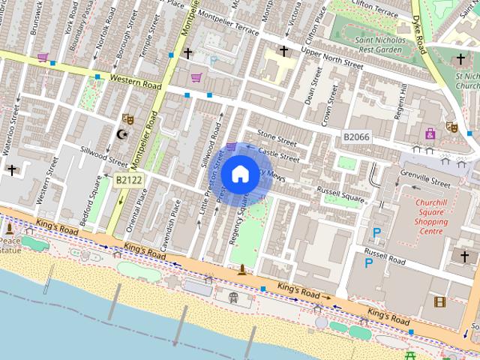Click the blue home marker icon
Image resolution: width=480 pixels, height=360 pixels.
click(x=240, y=175)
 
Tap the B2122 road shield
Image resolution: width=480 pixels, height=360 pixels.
click(x=129, y=180)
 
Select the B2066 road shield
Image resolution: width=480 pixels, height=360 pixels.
click(x=356, y=136)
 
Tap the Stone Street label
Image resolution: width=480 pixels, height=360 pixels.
click(x=277, y=136)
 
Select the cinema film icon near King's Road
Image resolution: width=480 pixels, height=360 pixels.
click(x=439, y=301)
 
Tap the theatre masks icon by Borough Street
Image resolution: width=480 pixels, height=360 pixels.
click(x=128, y=118)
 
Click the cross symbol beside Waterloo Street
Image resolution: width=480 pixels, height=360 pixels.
click(x=11, y=170)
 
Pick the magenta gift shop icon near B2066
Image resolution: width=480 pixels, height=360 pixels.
click(x=430, y=133)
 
